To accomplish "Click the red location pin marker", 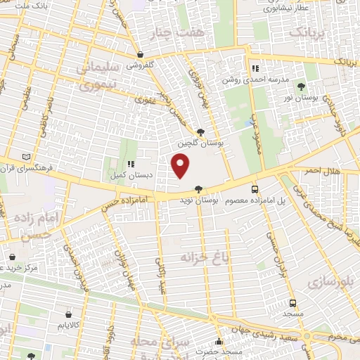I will (x=181, y=165).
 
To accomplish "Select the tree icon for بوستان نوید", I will (x=199, y=188).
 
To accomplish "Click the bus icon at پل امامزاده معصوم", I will (x=255, y=188).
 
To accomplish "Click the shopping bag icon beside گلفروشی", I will (x=141, y=55).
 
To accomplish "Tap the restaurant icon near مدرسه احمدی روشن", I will (x=255, y=69).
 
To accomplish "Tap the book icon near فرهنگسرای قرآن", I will (x=27, y=156).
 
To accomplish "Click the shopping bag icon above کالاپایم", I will (x=68, y=314).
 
